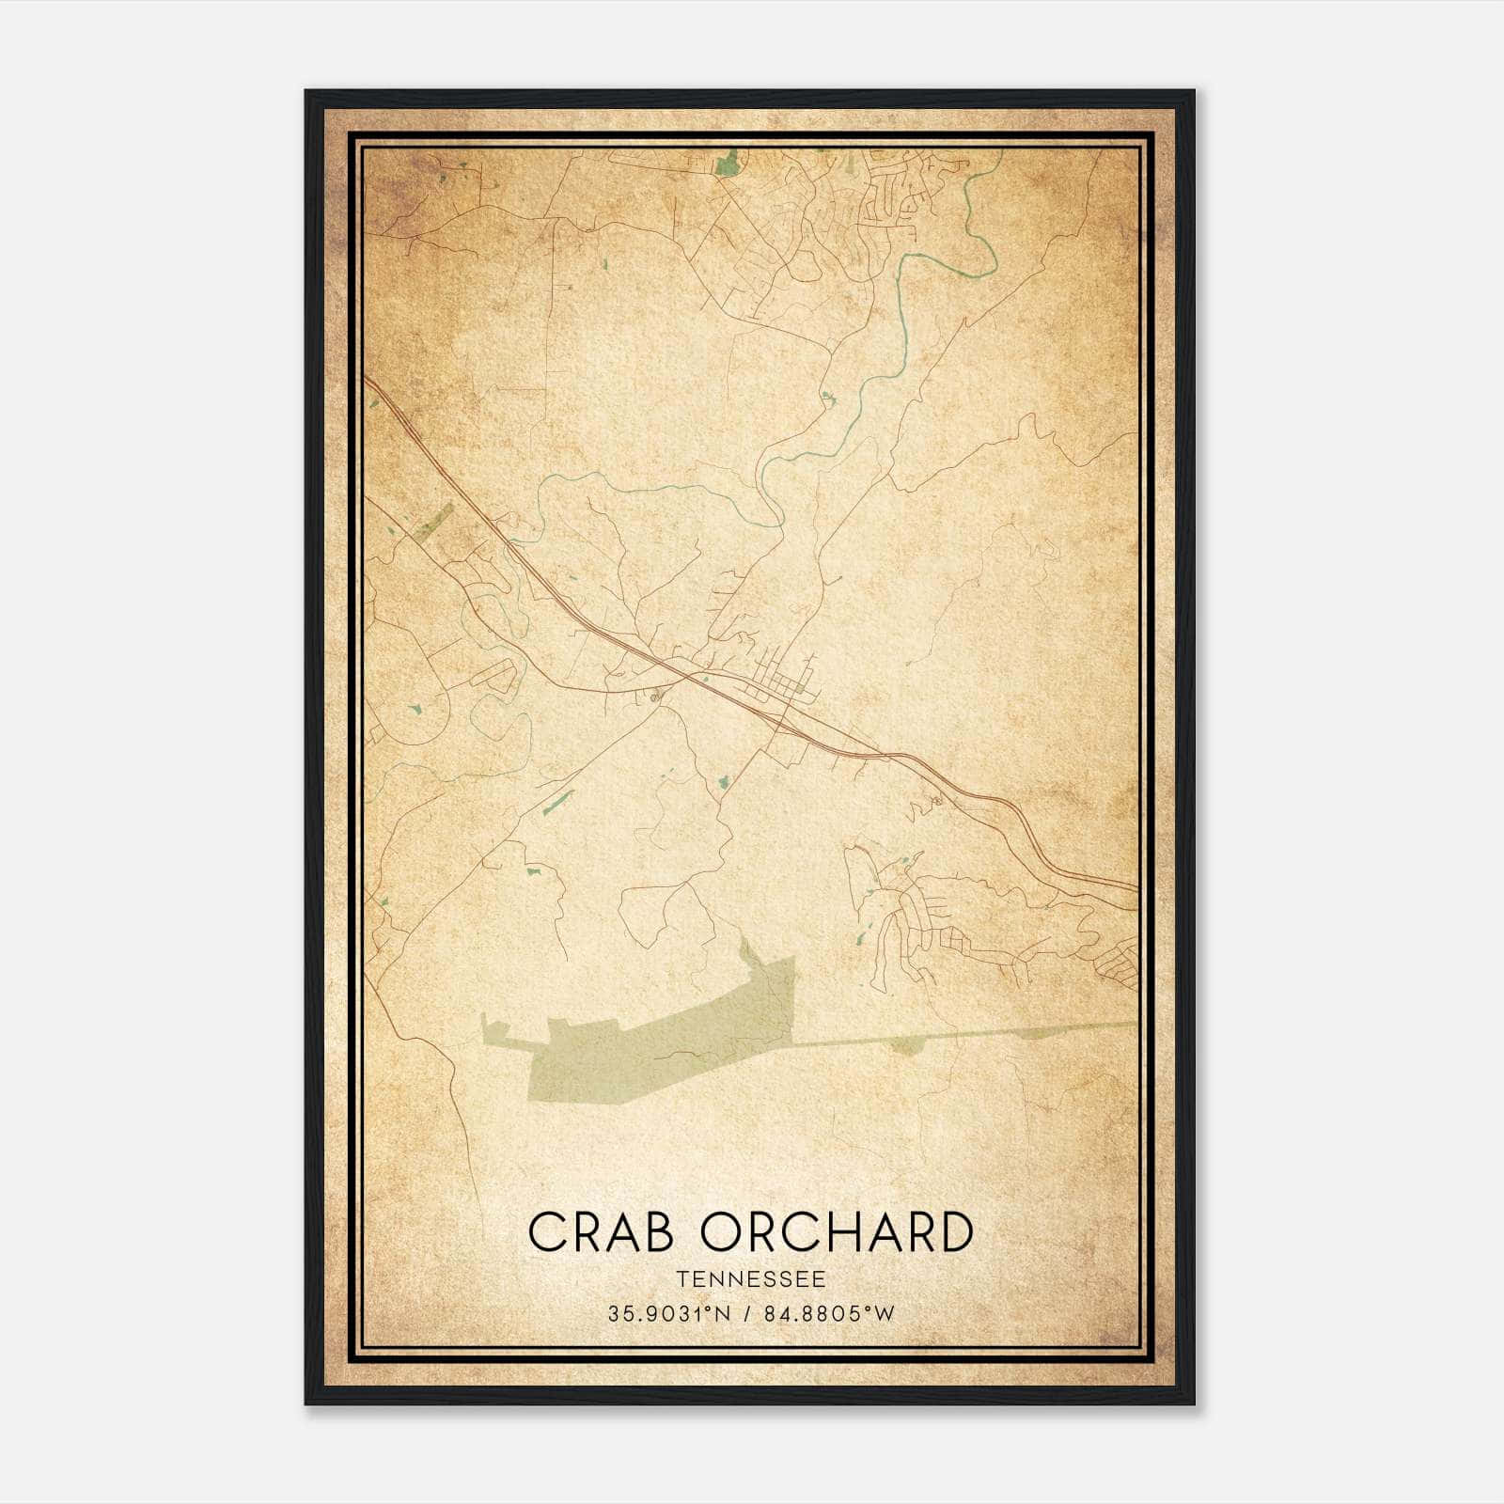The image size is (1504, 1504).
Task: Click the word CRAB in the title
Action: pyautogui.click(x=601, y=1232)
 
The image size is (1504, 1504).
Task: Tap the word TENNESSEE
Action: pyautogui.click(x=750, y=1279)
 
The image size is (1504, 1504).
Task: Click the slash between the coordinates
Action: pyautogui.click(x=746, y=1314)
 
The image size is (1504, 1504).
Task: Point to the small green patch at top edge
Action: pyautogui.click(x=727, y=165)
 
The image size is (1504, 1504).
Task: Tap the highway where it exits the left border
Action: pyautogui.click(x=369, y=382)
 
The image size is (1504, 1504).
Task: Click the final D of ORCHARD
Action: pyautogui.click(x=955, y=1232)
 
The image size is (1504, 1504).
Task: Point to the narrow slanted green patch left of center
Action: pyautogui.click(x=558, y=800)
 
